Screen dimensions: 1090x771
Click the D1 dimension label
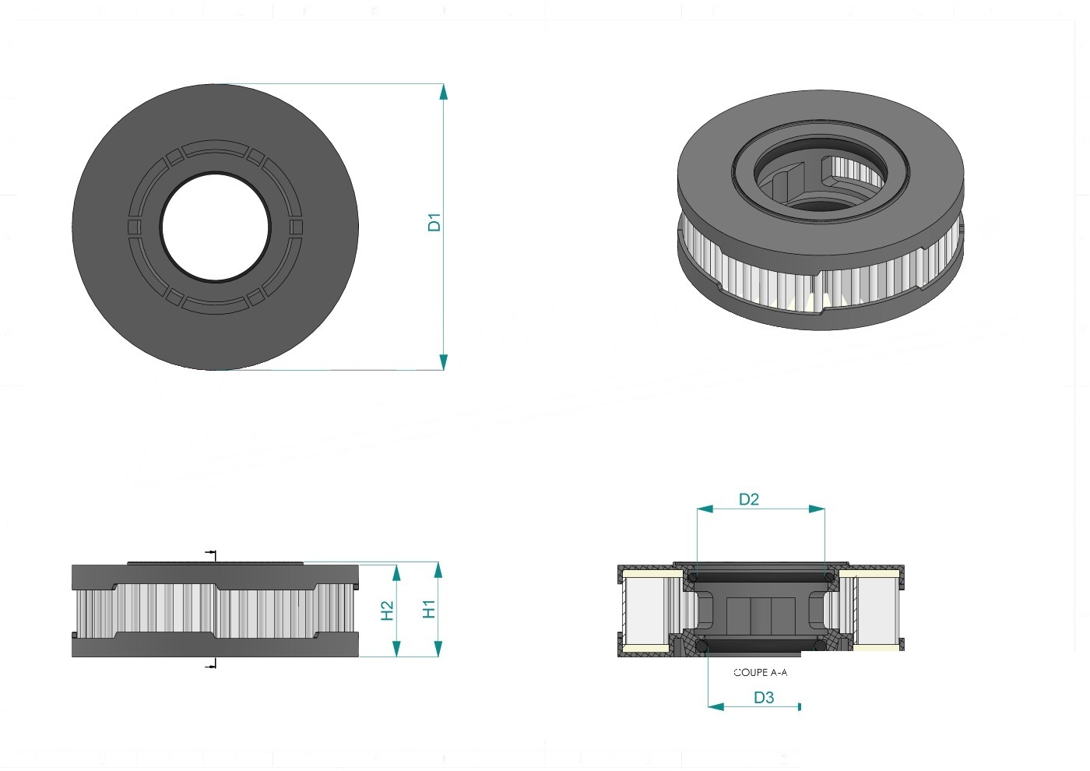point(434,222)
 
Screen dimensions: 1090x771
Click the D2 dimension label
point(749,499)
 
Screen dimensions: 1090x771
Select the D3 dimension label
point(764,698)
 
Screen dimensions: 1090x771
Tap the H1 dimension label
point(429,609)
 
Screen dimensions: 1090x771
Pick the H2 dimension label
point(387,611)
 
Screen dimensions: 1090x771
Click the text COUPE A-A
point(760,672)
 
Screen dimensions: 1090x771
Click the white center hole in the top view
point(216,227)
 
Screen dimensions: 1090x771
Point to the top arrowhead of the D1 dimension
point(443,92)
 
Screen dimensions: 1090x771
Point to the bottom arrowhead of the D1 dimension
point(443,361)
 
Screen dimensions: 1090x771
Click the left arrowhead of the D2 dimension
point(705,509)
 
